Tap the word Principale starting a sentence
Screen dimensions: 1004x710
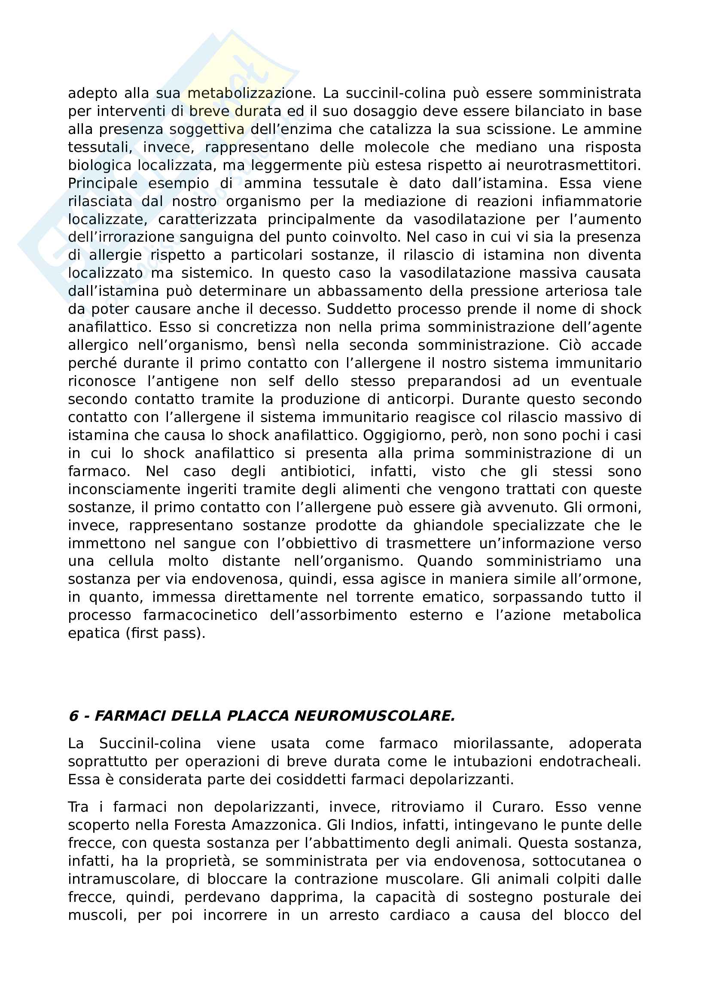pyautogui.click(x=103, y=184)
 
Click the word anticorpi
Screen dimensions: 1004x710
pyautogui.click(x=422, y=399)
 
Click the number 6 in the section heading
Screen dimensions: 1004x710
pyautogui.click(x=73, y=716)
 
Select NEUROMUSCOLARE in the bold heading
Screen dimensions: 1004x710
pyautogui.click(x=375, y=716)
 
